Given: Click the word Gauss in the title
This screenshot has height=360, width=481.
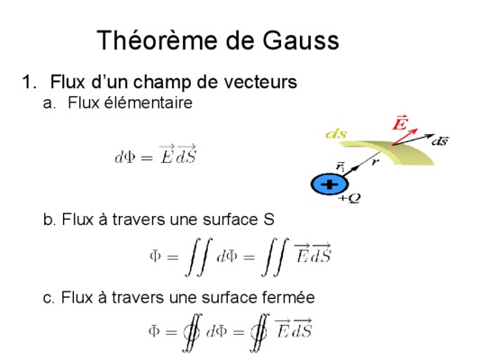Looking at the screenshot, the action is pyautogui.click(x=301, y=40).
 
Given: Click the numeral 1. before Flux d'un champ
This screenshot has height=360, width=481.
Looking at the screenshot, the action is pyautogui.click(x=29, y=82).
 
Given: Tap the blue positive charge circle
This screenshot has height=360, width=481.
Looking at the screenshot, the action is pyautogui.click(x=330, y=184).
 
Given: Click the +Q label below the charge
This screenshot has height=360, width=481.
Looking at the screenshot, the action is pyautogui.click(x=349, y=199).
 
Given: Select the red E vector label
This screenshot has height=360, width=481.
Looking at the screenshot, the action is pyautogui.click(x=400, y=123).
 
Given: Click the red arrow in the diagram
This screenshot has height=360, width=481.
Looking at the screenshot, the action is pyautogui.click(x=405, y=136).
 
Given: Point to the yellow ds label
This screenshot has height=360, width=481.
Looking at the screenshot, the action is pyautogui.click(x=336, y=134).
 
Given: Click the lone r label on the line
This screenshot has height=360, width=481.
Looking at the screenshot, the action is pyautogui.click(x=374, y=162).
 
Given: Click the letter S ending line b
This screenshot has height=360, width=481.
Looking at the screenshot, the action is pyautogui.click(x=268, y=220).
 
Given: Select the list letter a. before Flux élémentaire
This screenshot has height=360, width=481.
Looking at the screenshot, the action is pyautogui.click(x=49, y=103).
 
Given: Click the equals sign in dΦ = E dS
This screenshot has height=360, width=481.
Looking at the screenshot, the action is pyautogui.click(x=146, y=158).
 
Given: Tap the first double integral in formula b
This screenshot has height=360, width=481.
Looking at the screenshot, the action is pyautogui.click(x=198, y=257).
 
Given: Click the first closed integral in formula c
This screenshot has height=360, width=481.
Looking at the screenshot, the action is pyautogui.click(x=192, y=332).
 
